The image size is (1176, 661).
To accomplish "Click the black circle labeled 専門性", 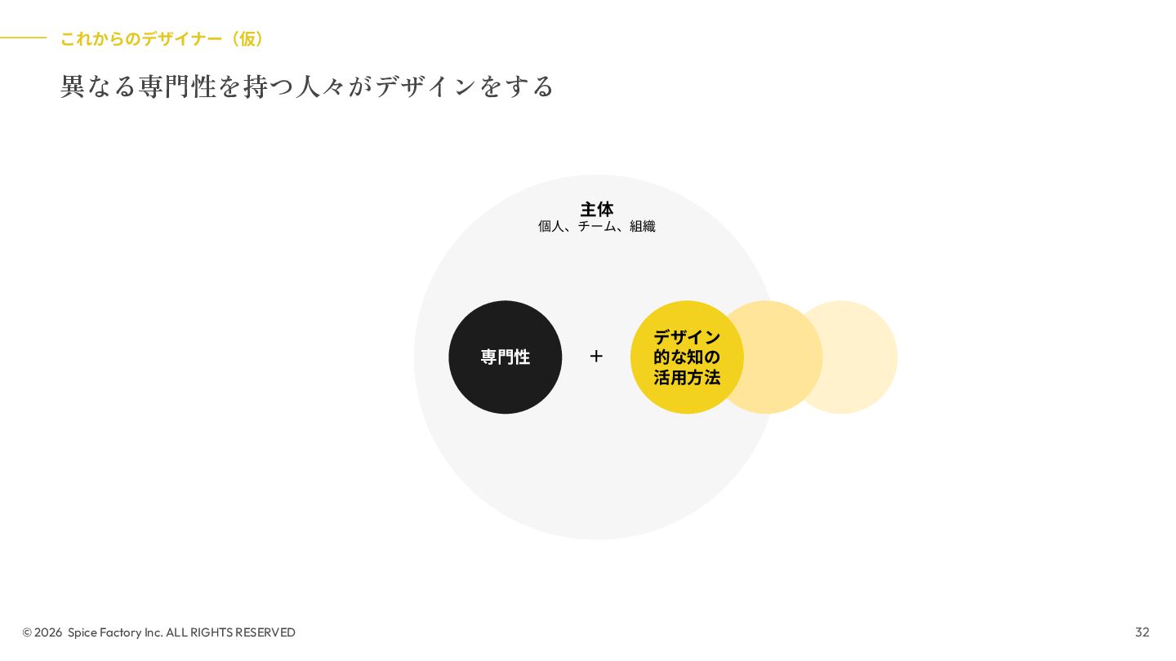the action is point(505,357).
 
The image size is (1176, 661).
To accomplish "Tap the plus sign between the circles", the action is point(596,356).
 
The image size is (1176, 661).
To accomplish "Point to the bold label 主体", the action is point(596,209).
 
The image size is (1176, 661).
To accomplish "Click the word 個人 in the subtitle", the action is point(551,226).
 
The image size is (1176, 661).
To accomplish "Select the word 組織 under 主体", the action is point(642,226).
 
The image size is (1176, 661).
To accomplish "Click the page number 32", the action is point(1142,632).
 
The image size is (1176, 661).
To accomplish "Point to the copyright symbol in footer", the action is point(27,632).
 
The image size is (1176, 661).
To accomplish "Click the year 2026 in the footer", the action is point(48,632).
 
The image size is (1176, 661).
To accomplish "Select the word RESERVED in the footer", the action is point(265,632).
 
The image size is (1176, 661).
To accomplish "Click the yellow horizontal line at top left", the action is point(23,38).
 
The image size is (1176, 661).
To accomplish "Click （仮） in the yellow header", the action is point(247,38).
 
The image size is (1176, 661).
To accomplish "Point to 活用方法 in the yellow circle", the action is point(687,378).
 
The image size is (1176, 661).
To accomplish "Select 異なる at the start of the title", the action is point(98,86).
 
